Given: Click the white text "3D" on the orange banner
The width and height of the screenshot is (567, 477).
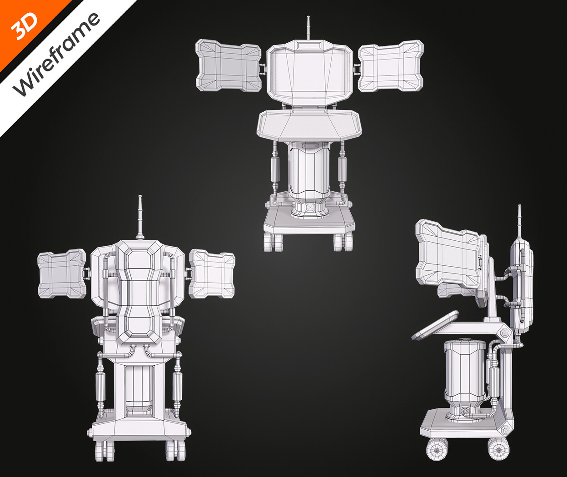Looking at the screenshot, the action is [x=25, y=27].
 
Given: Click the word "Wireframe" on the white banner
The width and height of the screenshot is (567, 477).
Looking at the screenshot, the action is [x=56, y=54].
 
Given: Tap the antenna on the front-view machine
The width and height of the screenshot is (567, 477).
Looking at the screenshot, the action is [x=308, y=28].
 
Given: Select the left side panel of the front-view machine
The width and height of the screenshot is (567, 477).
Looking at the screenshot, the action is [x=229, y=66].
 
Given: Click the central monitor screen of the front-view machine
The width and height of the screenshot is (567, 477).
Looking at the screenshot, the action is [x=309, y=73].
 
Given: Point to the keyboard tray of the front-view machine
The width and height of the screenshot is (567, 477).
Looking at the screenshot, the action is [x=309, y=124].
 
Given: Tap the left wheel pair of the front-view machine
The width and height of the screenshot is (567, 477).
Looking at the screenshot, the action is [x=274, y=242].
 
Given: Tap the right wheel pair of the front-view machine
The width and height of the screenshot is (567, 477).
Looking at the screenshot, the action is [x=343, y=242].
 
